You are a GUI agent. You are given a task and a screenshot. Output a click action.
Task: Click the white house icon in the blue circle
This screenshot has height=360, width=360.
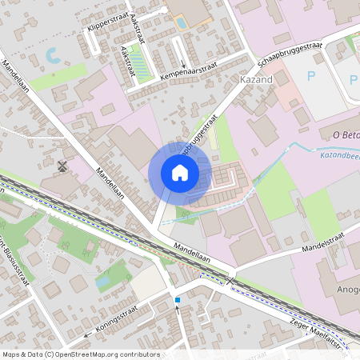coord(180,172)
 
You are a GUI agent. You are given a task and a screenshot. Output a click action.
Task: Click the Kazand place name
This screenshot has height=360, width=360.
coord(256,82)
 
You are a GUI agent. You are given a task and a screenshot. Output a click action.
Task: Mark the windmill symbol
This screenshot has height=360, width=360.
coord(62,166)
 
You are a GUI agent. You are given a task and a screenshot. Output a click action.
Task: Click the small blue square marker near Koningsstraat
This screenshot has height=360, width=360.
coord(177,300)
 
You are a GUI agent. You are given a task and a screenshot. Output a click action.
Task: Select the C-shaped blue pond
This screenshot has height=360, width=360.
coord(51,56)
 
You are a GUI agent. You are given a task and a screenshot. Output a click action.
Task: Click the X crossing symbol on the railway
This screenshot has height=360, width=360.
coord(230,279)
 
